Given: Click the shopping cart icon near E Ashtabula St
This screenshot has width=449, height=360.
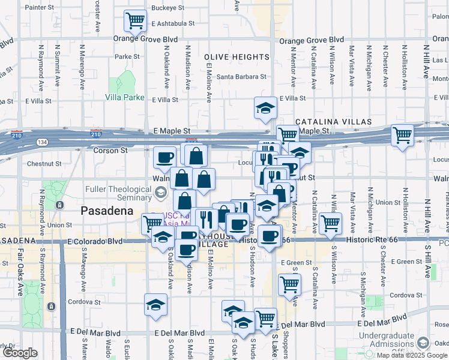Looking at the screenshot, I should coord(135,21).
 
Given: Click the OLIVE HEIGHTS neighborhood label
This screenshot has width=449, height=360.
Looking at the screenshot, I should coord(237,57).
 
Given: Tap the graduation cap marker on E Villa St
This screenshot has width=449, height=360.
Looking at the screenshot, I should coord(265,108).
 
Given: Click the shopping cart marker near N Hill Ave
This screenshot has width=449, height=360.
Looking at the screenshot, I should coord(402,135).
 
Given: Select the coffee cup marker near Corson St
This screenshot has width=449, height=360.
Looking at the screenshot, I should coord(164,158).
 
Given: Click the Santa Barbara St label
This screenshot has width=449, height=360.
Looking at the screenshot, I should coord(241,77).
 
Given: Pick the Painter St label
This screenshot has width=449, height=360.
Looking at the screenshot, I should coord(40,7).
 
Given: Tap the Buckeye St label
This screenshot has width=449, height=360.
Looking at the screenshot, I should coord(167,8).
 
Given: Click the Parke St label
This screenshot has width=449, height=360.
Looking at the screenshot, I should coord(127,57).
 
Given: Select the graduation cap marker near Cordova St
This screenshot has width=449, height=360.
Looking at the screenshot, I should coord(155,305).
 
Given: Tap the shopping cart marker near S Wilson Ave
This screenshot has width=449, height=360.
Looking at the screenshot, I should coord(330,223).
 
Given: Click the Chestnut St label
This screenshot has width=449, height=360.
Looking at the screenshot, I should coord(44,163).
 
